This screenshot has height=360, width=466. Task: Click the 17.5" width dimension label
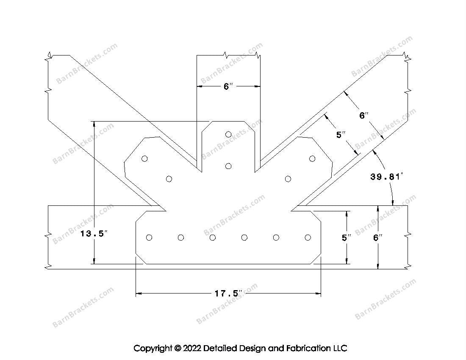tap(228, 294)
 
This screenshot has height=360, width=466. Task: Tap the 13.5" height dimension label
tap(93, 234)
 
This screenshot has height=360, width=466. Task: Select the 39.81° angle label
tap(387, 177)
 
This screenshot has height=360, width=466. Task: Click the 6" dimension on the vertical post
tap(227, 86)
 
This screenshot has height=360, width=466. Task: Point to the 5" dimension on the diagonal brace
tap(341, 135)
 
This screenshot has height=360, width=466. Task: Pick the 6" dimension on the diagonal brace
tap(364, 115)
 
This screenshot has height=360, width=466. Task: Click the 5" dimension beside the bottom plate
tap(347, 238)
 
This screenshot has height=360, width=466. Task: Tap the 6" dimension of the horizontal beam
tap(378, 238)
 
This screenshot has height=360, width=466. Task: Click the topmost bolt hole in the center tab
tap(228, 134)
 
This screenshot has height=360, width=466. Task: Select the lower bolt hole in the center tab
tap(228, 166)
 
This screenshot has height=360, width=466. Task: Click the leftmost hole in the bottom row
tap(149, 237)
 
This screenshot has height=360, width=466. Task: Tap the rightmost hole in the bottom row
tap(308, 237)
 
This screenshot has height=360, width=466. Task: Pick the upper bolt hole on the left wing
tap(144, 159)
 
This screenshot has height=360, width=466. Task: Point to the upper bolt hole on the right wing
tap(312, 159)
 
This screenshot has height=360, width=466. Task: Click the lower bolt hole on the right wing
tap(288, 179)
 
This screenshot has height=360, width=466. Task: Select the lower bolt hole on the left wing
tap(169, 179)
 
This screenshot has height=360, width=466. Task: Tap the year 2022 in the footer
tap(191, 348)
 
